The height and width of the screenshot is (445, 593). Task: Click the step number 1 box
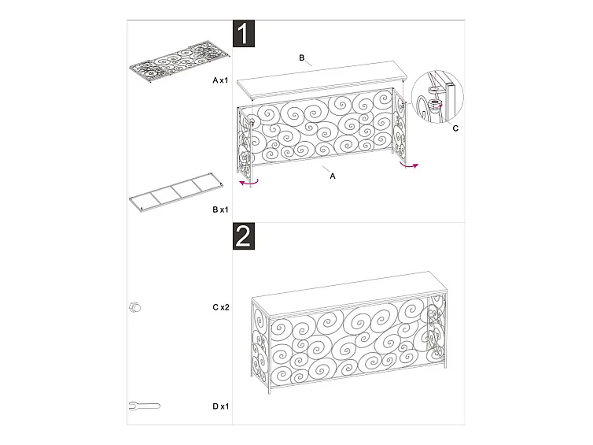tap(244, 33)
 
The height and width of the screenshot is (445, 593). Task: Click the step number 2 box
tap(244, 236)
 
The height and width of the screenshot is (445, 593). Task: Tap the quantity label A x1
tap(220, 80)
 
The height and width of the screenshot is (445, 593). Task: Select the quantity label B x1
tap(220, 210)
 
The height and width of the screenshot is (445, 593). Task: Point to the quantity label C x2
tap(221, 307)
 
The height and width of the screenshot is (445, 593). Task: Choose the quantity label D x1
tap(221, 406)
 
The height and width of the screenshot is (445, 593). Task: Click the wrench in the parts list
tap(145, 406)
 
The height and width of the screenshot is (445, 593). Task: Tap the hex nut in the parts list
tap(134, 307)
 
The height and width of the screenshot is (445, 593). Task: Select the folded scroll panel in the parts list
tap(180, 65)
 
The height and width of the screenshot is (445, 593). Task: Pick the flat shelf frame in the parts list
tap(176, 192)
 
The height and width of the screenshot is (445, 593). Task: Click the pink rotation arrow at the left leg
tap(249, 184)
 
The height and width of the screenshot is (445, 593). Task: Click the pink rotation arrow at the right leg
tap(409, 165)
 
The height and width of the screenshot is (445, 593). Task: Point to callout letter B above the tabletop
tap(302, 58)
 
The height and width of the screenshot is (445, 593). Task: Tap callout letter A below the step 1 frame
tap(333, 176)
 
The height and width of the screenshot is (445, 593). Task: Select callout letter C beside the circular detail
tap(455, 128)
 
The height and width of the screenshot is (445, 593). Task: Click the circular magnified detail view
tap(437, 97)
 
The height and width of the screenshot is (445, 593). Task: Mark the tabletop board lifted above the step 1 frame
tap(322, 80)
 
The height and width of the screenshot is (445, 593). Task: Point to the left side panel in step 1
tap(245, 145)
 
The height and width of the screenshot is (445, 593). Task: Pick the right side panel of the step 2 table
tap(436, 328)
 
